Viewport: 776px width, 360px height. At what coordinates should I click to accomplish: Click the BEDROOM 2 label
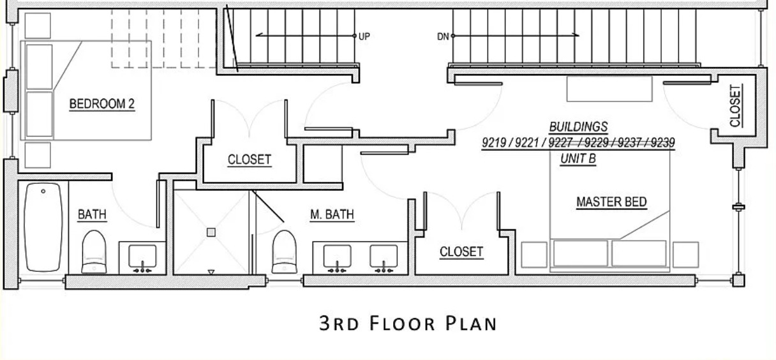click(102, 104)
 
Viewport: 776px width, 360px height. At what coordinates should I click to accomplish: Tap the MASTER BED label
click(611, 202)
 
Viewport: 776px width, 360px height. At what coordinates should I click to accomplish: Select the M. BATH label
click(332, 214)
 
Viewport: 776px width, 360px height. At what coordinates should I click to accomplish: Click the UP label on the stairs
click(364, 36)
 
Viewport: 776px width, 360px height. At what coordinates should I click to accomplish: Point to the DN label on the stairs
click(443, 36)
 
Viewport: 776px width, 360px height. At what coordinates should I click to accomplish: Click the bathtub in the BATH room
click(43, 227)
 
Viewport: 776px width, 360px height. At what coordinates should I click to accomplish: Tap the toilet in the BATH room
click(94, 252)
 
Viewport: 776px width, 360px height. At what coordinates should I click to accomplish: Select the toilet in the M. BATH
click(284, 252)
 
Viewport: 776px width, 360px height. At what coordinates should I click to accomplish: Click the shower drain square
click(211, 232)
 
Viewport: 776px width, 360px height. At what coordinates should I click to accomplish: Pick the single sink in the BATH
click(142, 258)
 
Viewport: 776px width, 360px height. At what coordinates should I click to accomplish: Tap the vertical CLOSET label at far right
click(735, 106)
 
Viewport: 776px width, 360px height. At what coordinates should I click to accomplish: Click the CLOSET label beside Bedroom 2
click(250, 160)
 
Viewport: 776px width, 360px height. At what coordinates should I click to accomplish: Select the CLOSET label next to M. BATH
click(461, 252)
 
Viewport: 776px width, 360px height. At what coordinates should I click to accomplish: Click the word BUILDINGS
click(579, 127)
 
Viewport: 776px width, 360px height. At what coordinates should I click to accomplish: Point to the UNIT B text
click(578, 159)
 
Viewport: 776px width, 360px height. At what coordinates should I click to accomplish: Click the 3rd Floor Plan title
click(408, 323)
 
